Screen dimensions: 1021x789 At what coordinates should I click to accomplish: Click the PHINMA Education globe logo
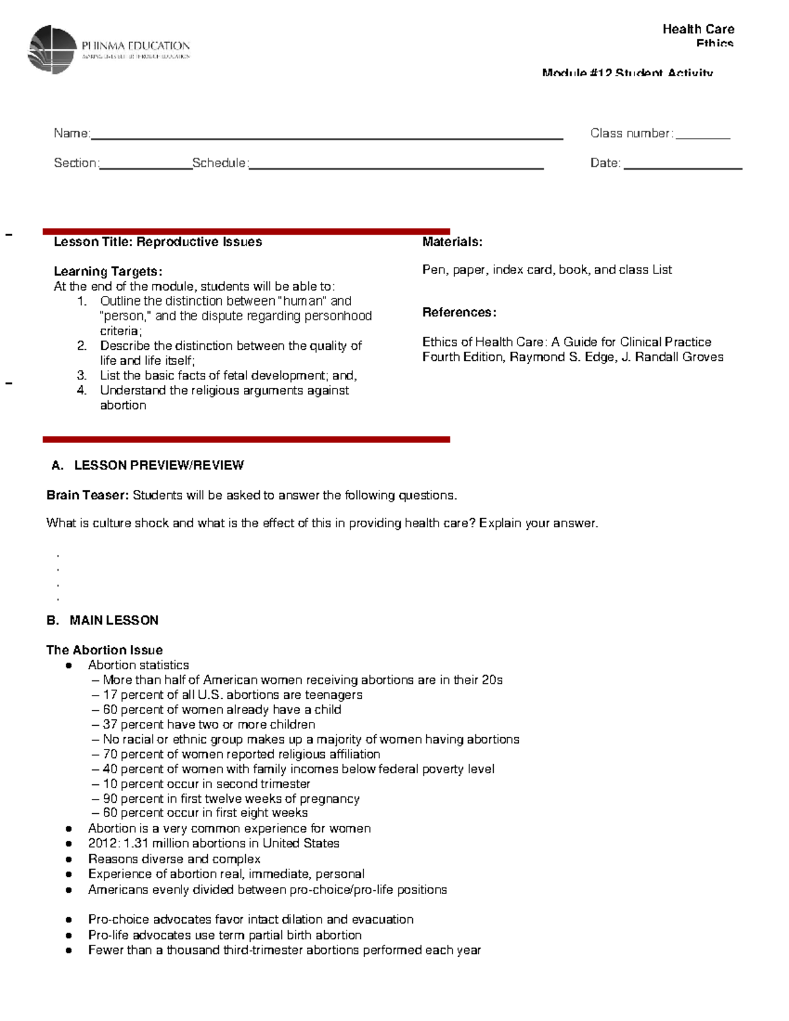53,49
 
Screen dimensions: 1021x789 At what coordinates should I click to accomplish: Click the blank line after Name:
326,137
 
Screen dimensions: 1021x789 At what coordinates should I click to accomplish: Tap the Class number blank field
703,136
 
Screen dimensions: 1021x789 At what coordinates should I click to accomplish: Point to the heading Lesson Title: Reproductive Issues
158,242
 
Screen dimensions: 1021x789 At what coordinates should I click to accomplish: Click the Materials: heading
452,242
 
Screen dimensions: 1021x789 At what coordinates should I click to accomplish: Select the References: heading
459,312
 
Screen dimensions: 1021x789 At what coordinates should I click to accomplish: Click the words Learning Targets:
108,272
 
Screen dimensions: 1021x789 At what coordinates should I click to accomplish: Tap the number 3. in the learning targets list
82,375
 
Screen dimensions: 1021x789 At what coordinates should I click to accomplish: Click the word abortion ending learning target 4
123,406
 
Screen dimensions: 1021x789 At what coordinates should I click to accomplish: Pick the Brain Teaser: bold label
87,495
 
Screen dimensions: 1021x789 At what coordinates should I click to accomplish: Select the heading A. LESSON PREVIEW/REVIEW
148,465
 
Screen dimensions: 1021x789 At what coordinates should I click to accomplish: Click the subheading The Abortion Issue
105,650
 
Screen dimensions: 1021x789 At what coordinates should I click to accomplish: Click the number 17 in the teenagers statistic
110,695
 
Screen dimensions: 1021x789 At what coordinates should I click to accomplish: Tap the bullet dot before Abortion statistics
68,665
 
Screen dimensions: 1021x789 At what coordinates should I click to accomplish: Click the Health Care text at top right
698,29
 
